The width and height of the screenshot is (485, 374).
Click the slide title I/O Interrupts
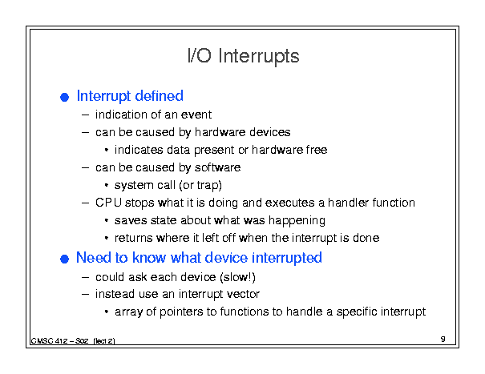point(244,56)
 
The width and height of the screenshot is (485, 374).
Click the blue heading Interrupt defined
point(130,96)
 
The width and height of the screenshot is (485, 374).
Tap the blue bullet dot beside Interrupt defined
point(64,98)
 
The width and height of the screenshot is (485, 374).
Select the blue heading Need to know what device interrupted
point(199,258)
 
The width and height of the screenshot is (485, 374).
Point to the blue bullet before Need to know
point(64,259)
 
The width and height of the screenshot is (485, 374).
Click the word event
point(196,115)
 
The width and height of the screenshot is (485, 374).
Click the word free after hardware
point(317,150)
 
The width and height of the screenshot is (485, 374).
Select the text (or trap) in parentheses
point(200,186)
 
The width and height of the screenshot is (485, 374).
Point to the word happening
point(297,221)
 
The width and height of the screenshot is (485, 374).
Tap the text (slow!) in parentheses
point(237,277)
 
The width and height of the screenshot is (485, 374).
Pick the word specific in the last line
point(357,312)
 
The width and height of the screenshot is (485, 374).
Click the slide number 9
point(443,339)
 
